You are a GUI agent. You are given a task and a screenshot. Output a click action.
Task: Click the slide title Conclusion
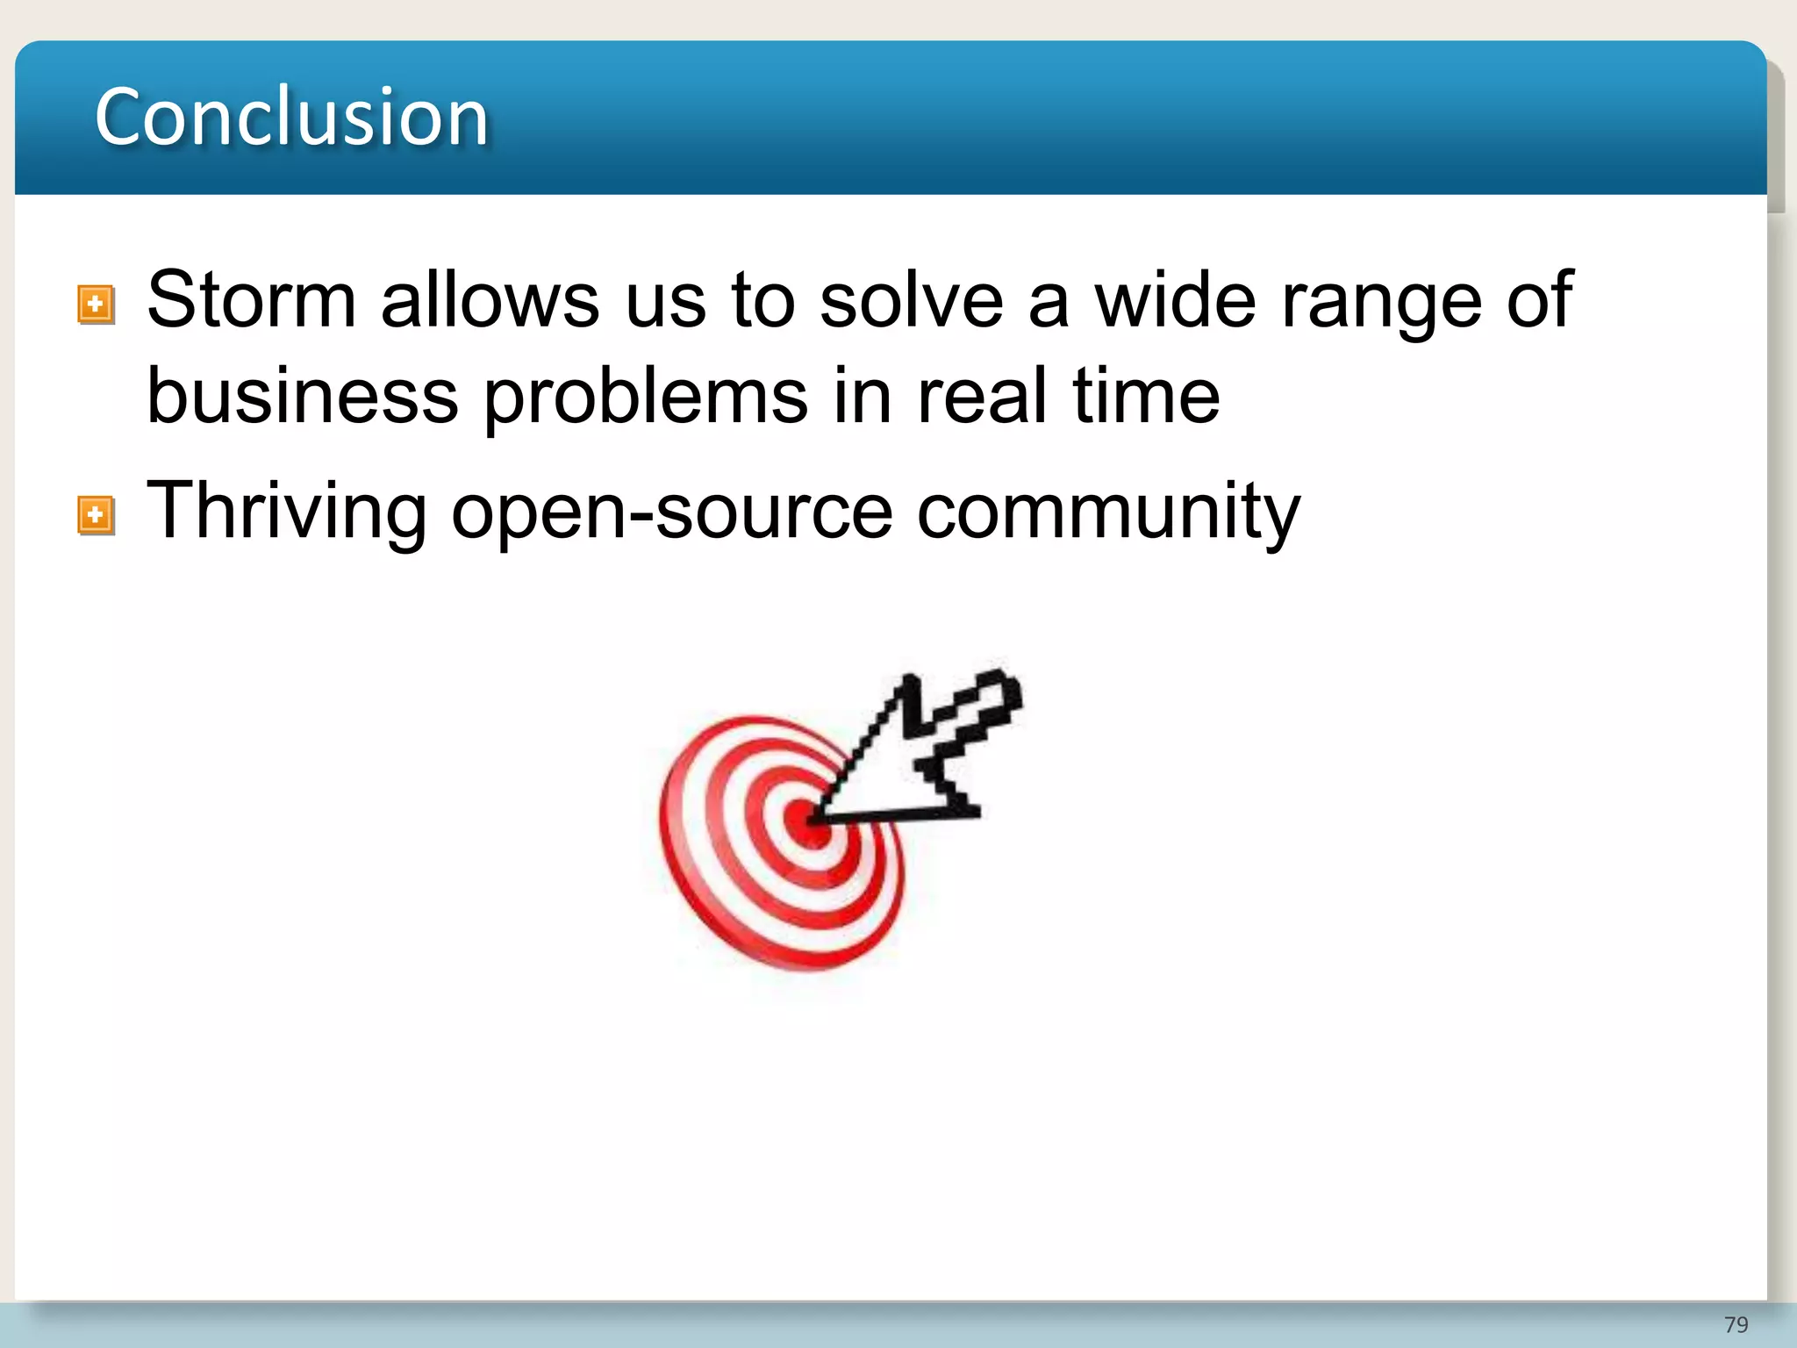pyautogui.click(x=291, y=117)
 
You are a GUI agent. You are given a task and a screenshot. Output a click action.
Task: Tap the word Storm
pyautogui.click(x=251, y=300)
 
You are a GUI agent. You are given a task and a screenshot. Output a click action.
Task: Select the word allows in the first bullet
pyautogui.click(x=490, y=300)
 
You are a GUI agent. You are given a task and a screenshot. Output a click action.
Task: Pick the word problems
pyautogui.click(x=645, y=398)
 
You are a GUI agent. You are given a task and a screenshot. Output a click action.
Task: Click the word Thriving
pyautogui.click(x=286, y=513)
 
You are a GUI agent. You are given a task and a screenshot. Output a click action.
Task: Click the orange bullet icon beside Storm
pyautogui.click(x=96, y=305)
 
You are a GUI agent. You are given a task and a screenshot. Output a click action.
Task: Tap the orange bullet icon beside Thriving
pyautogui.click(x=96, y=516)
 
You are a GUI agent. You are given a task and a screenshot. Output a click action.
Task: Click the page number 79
pyautogui.click(x=1736, y=1324)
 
